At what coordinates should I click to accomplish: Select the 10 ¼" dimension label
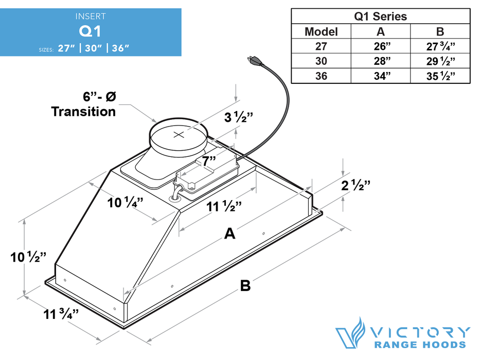point(125,202)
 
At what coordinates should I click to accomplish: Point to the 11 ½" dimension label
point(225,207)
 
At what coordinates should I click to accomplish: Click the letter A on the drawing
point(229,234)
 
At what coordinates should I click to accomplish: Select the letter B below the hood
point(246,285)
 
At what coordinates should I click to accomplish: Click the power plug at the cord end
point(253,61)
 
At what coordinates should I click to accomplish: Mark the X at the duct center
point(179,135)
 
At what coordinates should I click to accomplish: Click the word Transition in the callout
point(83,112)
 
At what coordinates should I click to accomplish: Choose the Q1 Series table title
point(380,16)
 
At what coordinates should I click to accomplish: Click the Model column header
point(321,31)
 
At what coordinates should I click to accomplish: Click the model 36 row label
point(321,76)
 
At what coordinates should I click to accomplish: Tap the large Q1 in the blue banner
point(90,31)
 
